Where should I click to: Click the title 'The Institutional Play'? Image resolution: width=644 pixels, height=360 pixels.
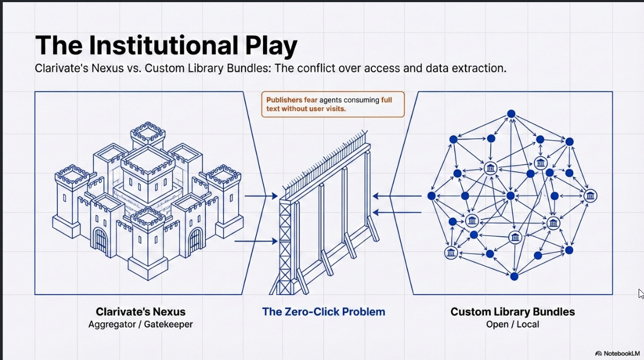166,46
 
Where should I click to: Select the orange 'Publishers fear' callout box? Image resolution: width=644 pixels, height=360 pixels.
333,104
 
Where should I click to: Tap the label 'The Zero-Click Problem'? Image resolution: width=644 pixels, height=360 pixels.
323,311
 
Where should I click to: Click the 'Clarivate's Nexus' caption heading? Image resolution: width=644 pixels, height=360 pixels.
141,311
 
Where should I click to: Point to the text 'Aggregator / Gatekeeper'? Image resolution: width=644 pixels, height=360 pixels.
141,324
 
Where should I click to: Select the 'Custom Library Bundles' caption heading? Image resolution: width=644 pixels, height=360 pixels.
512,311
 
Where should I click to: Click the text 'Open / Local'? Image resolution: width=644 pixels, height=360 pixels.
512,324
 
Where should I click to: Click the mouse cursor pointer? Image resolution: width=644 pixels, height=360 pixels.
641,293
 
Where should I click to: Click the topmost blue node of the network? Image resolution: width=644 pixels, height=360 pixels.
511,114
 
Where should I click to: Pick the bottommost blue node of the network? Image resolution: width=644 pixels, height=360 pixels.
514,276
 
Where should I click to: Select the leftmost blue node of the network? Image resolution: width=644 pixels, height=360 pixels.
431,196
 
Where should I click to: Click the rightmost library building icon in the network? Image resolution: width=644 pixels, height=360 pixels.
590,196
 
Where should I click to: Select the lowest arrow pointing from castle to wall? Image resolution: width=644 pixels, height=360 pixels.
256,242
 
